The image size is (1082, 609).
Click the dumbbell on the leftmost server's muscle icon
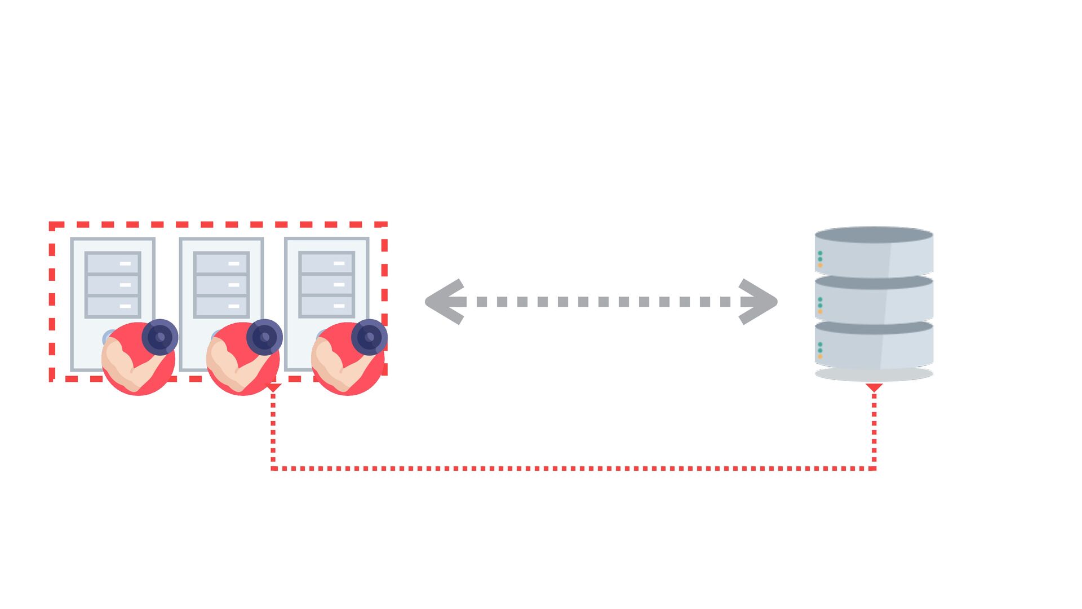coord(160,337)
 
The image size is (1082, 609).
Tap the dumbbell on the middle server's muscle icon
coord(264,337)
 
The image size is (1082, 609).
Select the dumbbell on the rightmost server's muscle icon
coord(369,337)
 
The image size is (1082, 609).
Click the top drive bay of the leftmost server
coord(113,263)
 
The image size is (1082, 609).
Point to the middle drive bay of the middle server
coord(221,285)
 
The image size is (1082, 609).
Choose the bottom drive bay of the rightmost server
coord(326,306)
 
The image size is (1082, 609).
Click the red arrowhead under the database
coord(874,387)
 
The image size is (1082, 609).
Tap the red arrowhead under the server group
coord(273,387)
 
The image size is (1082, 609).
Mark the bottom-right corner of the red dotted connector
coord(873,468)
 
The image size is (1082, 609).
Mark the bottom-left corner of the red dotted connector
coord(273,468)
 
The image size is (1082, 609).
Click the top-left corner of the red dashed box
coord(52,226)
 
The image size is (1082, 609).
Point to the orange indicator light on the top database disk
coord(820,265)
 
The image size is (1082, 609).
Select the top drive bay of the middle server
coord(221,263)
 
